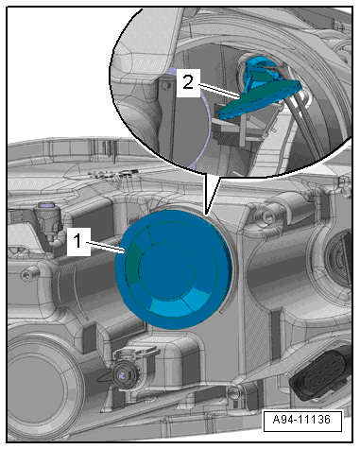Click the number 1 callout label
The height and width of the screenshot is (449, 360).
78,242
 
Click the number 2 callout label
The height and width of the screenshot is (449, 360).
188,82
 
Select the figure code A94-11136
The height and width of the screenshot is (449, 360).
302,420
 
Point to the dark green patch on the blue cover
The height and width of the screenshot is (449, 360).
133,264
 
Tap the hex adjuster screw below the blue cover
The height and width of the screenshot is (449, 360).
123,374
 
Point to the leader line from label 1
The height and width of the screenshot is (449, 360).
107,247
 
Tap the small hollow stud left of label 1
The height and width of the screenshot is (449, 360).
27,275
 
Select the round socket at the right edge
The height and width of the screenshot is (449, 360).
339,258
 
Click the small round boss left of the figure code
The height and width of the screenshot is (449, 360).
233,392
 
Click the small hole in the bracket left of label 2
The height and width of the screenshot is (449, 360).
167,85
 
